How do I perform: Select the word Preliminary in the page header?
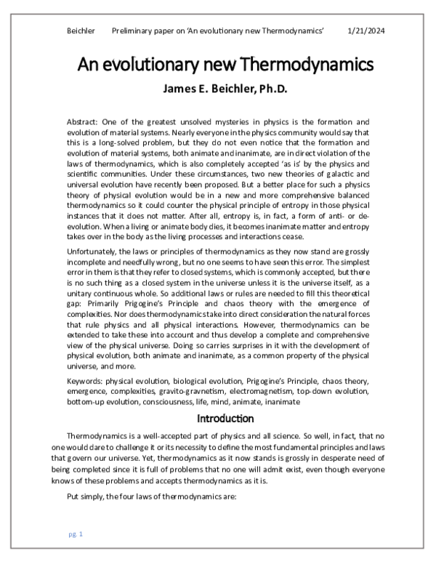click(x=135, y=31)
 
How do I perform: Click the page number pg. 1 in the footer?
click(x=76, y=534)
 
